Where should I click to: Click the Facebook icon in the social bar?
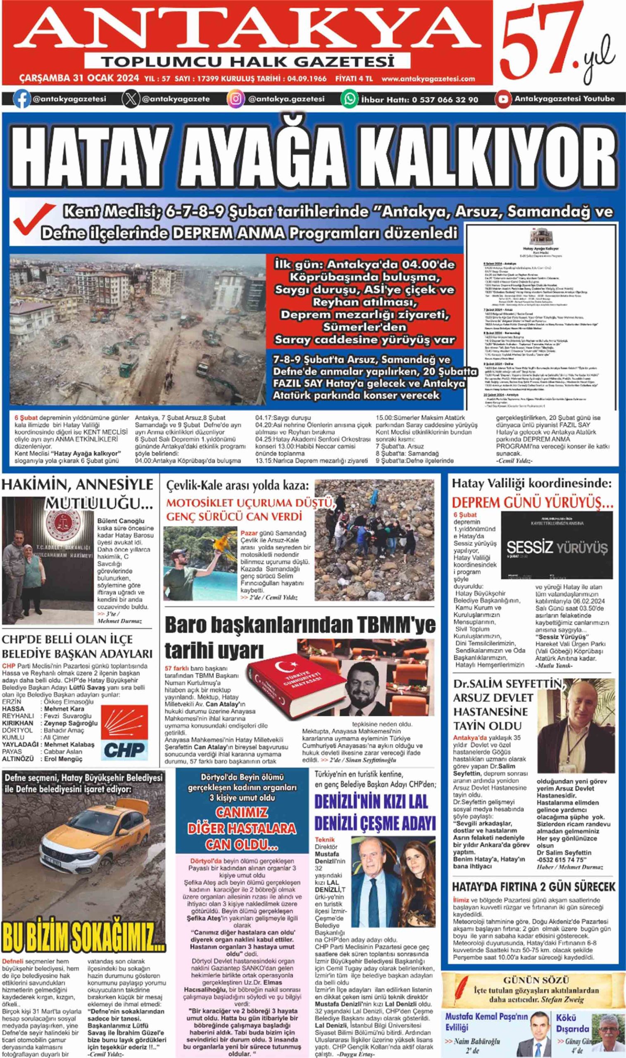pos(21,99)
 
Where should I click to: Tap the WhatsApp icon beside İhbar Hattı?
pos(350,99)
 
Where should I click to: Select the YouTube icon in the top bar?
pos(503,99)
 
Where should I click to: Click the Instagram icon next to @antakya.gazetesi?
pos(236,99)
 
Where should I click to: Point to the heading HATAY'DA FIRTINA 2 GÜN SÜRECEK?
pos(533,887)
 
